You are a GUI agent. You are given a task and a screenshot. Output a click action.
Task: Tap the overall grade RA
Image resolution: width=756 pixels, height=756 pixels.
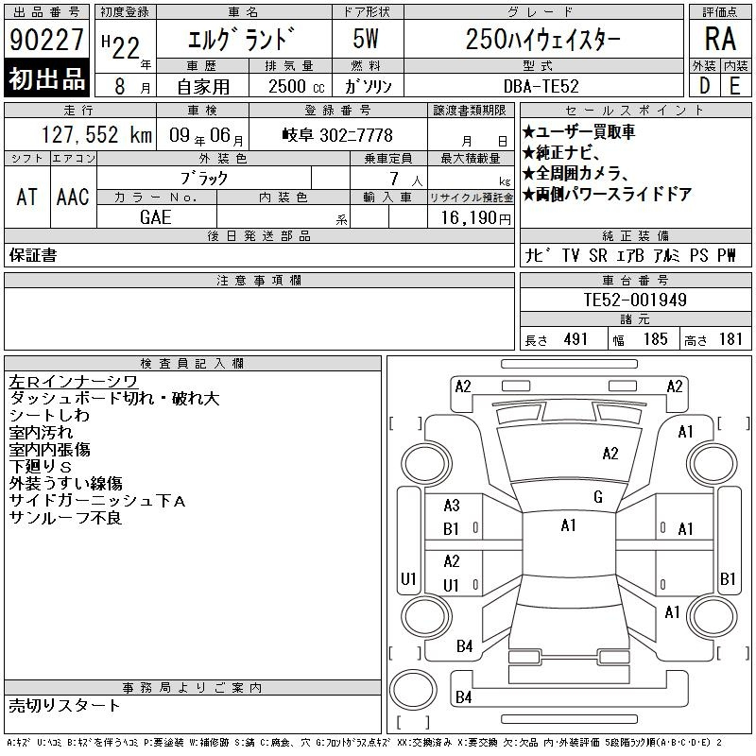point(720,39)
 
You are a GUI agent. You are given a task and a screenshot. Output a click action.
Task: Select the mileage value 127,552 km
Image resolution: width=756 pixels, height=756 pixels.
point(96,134)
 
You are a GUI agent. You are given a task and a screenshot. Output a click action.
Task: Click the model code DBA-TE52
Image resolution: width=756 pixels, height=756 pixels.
point(541,86)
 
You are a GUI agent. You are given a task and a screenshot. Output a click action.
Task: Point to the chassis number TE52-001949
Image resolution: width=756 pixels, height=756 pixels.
point(635,300)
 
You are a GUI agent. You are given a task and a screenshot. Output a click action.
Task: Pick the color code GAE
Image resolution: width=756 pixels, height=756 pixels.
point(156,217)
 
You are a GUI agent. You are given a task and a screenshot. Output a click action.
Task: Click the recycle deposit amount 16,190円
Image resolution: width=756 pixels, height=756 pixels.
point(475,218)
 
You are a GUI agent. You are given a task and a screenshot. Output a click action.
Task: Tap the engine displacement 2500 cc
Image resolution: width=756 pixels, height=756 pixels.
point(297,86)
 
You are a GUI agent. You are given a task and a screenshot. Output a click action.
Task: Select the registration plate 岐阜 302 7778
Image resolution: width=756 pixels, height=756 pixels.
point(337,135)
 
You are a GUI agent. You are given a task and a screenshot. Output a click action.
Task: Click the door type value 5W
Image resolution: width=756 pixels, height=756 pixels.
point(366,39)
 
